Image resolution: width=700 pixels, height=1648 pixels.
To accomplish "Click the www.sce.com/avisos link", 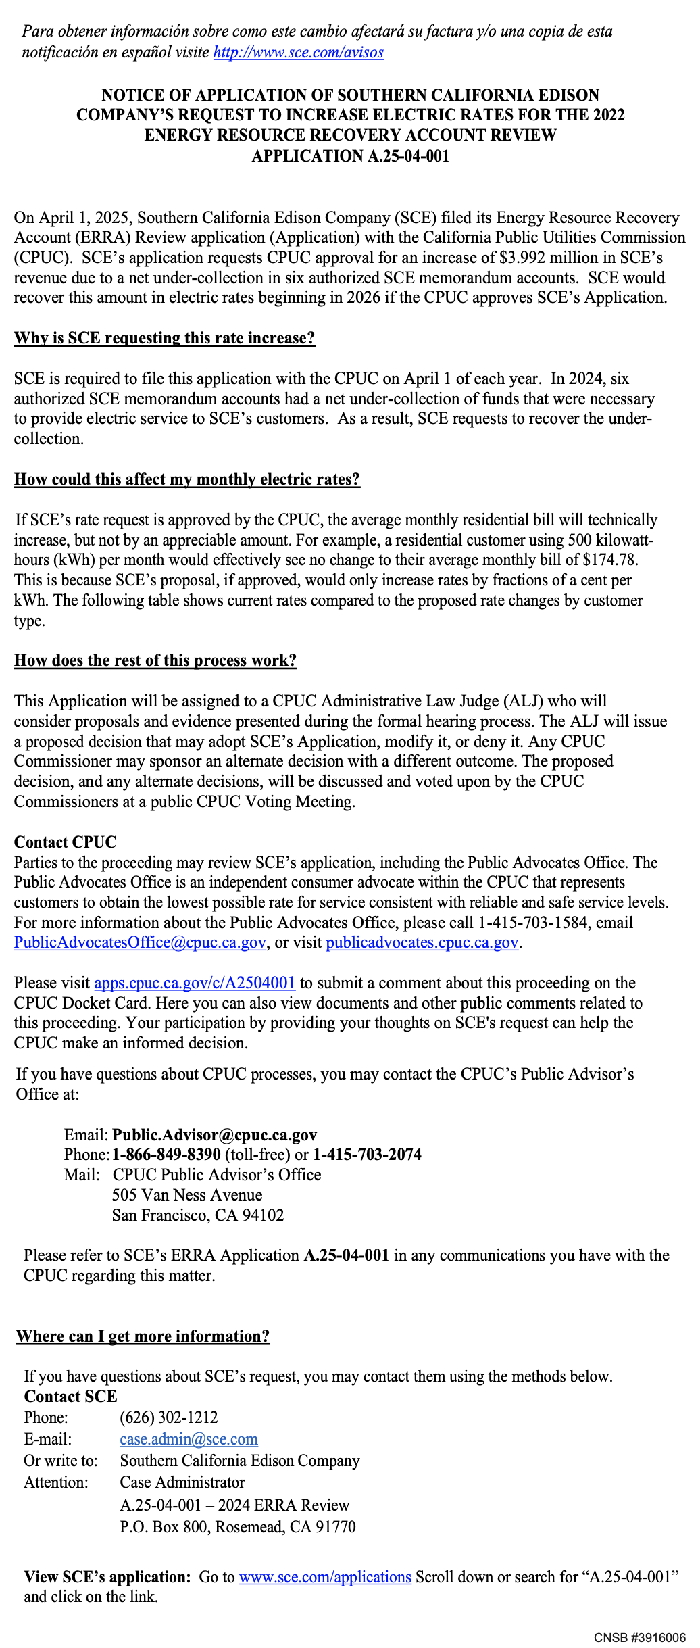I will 298,53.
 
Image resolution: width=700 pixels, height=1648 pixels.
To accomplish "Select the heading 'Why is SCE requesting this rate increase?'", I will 164,338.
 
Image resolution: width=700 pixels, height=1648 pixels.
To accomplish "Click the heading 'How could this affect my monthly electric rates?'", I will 186,479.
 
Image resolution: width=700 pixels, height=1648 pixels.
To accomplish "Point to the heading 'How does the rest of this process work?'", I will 155,660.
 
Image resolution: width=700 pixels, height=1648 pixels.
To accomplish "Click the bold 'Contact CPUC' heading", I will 65,842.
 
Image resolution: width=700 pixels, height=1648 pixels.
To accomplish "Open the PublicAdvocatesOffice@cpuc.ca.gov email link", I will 139,942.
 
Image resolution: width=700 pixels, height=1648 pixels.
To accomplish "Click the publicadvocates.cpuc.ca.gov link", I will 422,942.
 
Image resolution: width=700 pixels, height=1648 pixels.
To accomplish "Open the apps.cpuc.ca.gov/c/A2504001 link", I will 195,983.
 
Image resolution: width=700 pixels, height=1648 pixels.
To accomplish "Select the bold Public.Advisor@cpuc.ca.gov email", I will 214,1134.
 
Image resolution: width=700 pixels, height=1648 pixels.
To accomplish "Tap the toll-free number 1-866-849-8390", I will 166,1155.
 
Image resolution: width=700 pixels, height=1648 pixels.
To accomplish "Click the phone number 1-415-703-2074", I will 367,1155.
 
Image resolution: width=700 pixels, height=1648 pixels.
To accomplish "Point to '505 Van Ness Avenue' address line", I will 187,1194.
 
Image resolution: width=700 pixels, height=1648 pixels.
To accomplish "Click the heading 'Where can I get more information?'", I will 143,1336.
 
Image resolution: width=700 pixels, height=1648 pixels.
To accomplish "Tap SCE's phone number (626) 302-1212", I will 169,1417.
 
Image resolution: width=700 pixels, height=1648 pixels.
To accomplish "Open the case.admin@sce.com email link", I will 189,1439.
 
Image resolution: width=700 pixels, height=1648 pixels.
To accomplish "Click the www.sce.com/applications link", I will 325,1577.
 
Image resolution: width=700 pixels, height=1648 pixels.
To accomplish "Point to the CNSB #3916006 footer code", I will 640,1638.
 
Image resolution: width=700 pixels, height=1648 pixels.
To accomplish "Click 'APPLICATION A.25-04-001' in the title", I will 350,156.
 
